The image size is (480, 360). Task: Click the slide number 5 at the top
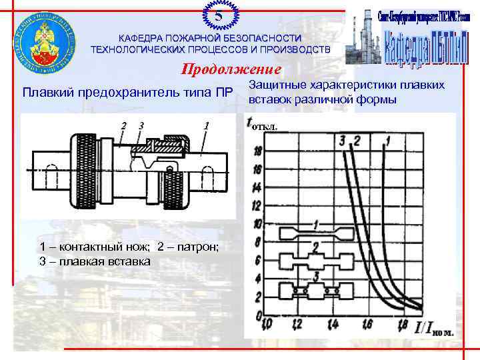[218, 14]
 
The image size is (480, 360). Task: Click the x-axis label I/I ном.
[433, 327]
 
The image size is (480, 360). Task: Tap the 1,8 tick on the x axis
[403, 325]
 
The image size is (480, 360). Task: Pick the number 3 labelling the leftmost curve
[341, 140]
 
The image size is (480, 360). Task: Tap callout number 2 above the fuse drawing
[123, 125]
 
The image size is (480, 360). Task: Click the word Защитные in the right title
[275, 85]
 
